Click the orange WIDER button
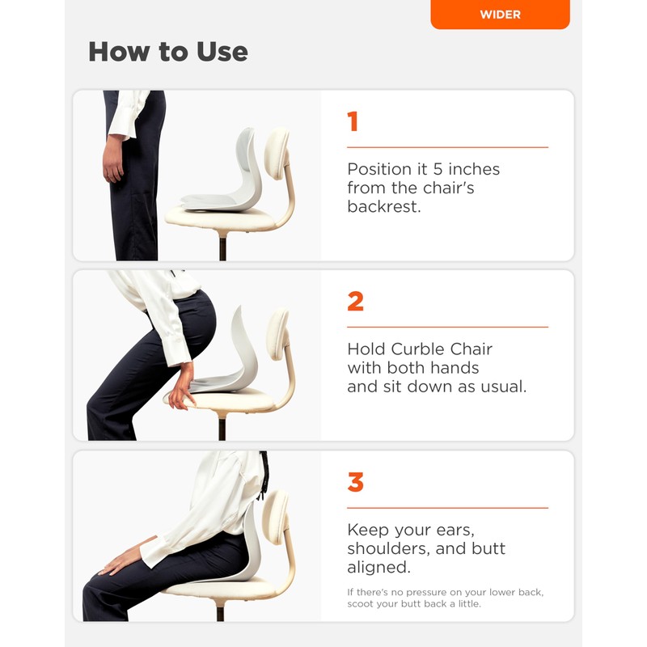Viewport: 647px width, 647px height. coord(500,15)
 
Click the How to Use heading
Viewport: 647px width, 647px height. coord(167,52)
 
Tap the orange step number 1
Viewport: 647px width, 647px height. coord(353,122)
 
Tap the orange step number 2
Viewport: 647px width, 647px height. coord(355,302)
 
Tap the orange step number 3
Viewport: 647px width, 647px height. coord(355,483)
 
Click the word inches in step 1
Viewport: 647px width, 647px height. coord(471,170)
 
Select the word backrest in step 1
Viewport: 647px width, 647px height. coord(384,207)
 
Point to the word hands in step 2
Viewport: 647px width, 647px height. coord(454,368)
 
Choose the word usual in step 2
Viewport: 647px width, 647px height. coord(500,387)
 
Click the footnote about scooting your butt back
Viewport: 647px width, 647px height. coord(445,598)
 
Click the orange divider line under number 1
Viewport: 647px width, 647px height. coord(447,147)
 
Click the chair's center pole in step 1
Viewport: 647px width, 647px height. coord(221,247)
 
